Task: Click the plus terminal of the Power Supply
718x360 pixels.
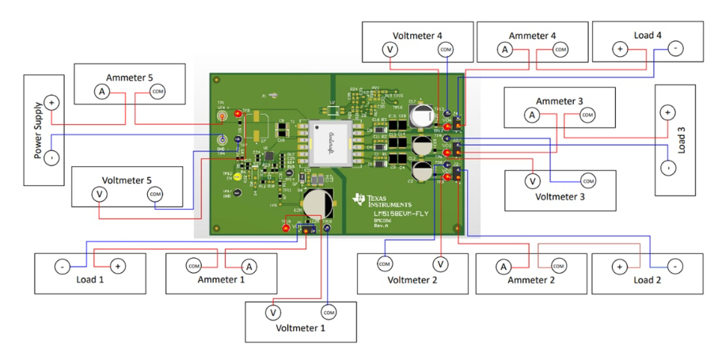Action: click(x=51, y=102)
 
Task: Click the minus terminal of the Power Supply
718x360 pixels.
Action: click(x=51, y=157)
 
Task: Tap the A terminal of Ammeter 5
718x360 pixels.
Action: click(x=101, y=93)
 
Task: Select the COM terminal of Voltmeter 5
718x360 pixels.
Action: click(x=155, y=194)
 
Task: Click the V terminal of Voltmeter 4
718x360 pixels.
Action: click(x=389, y=50)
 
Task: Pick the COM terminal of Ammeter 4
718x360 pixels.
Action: click(x=560, y=50)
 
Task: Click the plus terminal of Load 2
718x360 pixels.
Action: click(x=619, y=267)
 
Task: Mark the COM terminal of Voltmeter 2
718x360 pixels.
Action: click(x=385, y=263)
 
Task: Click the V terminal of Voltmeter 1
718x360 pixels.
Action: click(x=273, y=313)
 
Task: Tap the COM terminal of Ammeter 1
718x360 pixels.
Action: click(x=194, y=266)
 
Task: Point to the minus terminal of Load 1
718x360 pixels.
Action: click(x=62, y=267)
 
